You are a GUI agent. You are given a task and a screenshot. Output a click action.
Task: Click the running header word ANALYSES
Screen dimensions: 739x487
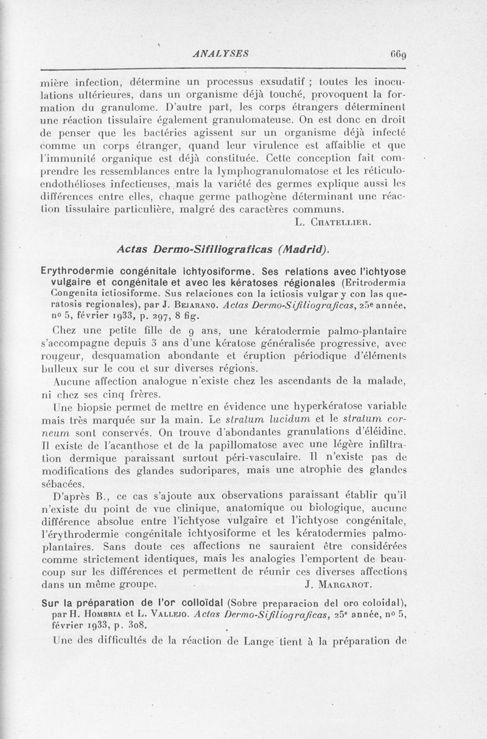coord(220,53)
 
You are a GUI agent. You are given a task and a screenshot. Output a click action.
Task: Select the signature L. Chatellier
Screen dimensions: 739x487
coord(332,221)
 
